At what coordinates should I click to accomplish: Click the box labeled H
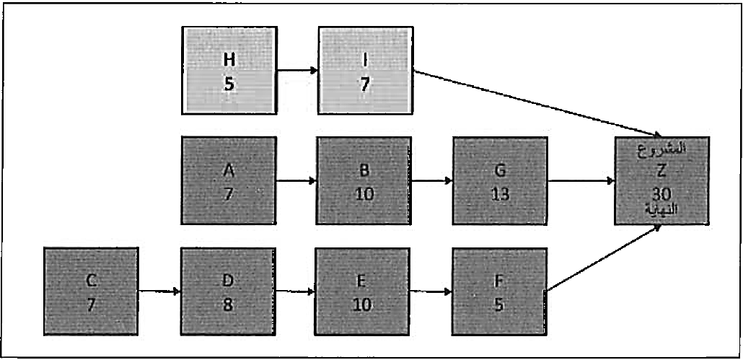point(229,69)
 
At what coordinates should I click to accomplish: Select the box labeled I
point(366,69)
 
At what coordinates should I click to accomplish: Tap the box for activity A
point(229,180)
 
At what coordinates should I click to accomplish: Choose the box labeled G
point(500,180)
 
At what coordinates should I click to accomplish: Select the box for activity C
point(91,292)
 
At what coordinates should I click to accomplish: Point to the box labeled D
point(229,292)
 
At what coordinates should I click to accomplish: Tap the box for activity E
point(364,292)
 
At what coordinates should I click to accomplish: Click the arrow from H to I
point(297,70)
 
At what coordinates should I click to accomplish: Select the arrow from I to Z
point(537,102)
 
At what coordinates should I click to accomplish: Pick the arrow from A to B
point(296,180)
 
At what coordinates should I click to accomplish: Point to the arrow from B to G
point(432,180)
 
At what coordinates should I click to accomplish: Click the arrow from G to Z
point(581,181)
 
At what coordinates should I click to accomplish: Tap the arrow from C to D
point(159,292)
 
